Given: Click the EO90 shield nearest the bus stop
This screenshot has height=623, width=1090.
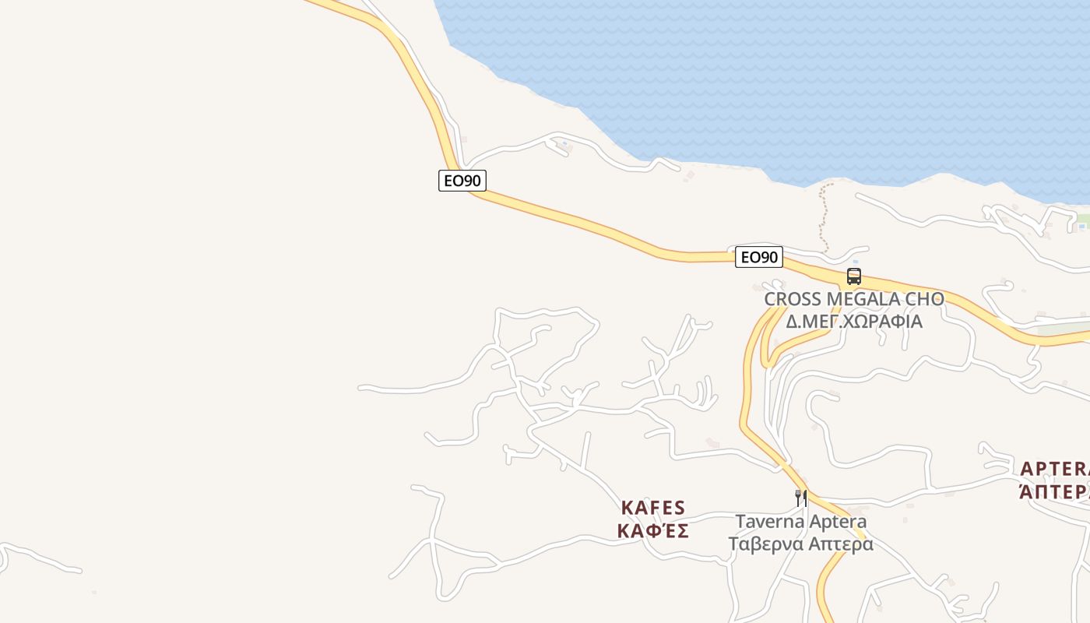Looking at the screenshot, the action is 758,257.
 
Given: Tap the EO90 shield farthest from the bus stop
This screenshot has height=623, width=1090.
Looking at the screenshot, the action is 462,181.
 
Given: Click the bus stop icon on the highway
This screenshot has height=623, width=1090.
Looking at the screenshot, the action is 854,276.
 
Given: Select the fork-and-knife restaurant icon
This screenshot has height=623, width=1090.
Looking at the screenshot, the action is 800,498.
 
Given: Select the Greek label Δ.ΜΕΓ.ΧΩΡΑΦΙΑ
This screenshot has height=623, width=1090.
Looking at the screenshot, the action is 854,321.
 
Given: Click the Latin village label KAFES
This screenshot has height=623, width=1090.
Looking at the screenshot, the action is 653,508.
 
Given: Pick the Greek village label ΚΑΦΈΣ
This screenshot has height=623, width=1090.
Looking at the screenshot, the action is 653,531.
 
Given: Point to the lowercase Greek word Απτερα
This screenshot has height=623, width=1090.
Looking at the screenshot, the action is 840,544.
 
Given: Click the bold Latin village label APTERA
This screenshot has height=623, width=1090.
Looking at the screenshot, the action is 1056,469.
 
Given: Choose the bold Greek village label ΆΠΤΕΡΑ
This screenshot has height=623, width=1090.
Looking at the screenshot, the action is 1056,492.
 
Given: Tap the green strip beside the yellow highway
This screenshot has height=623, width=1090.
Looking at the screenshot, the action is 1063,329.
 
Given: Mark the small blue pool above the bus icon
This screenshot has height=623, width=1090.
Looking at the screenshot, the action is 856,262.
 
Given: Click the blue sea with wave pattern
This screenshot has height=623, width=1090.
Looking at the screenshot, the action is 779,78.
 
